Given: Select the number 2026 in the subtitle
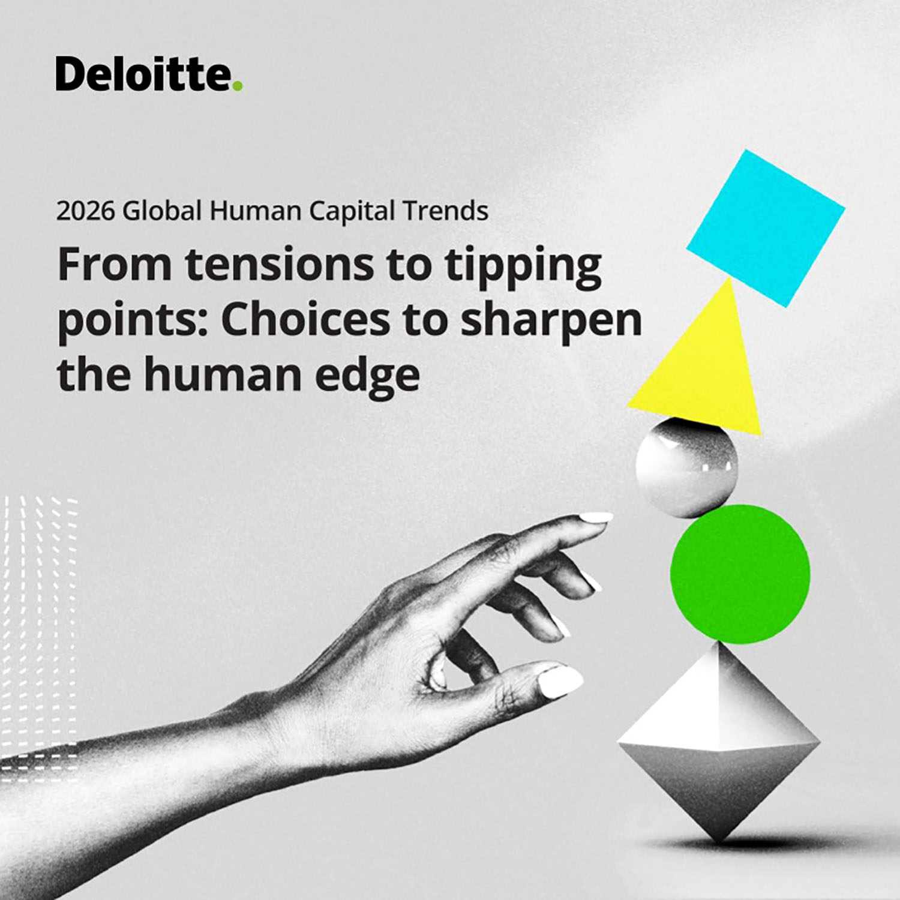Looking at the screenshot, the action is tap(85, 211).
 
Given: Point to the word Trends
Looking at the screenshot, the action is tap(446, 211).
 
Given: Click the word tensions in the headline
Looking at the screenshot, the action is tap(279, 265).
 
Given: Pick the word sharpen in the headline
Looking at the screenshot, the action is tap(551, 323).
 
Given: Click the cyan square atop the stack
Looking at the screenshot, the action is tap(766, 228).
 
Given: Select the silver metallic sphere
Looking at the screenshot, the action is tap(686, 467).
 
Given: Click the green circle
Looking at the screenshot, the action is tap(740, 574).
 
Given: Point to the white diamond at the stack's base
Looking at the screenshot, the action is tap(719, 741).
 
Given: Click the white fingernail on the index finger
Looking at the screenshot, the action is tap(596, 517).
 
